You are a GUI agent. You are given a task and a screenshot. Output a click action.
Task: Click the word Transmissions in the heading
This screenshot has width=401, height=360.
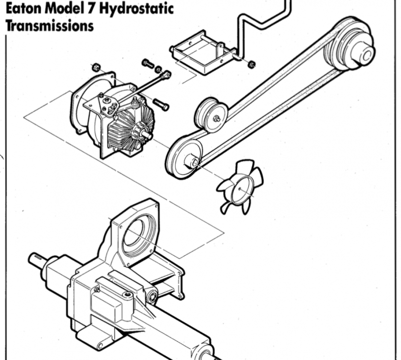point(49,26)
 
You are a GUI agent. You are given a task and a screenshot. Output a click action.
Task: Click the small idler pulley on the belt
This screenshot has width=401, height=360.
point(212,115)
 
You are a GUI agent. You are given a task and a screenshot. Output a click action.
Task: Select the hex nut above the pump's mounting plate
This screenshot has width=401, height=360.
point(96,67)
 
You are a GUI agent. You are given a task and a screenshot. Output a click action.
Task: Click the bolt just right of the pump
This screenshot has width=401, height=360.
point(161,104)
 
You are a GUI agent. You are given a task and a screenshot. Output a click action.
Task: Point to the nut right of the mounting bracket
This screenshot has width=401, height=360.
point(252,64)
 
